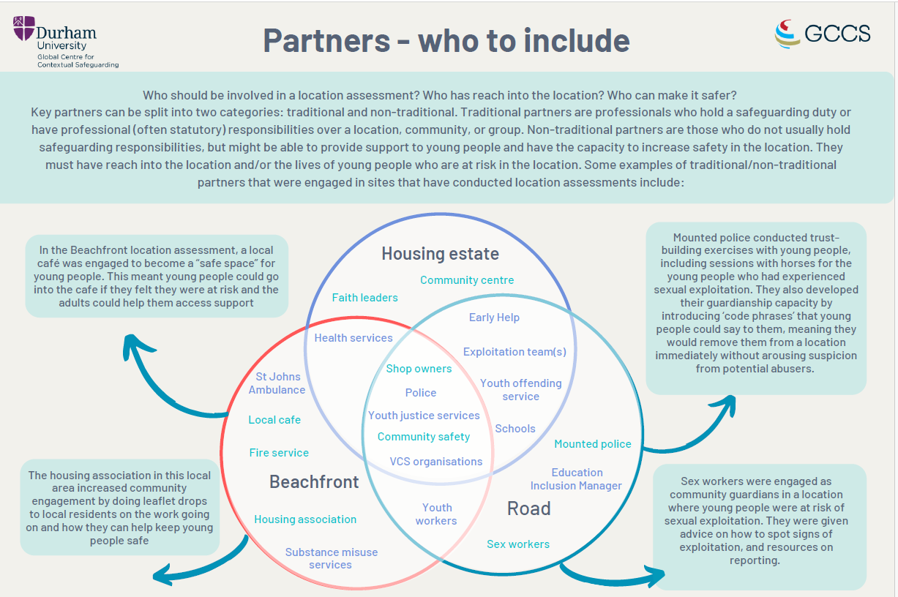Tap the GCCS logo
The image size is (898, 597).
point(823,34)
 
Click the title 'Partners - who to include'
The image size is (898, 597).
point(446,40)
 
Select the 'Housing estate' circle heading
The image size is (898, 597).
point(440,254)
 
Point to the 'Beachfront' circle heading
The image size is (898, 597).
point(314,481)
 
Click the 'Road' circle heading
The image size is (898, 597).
point(528,508)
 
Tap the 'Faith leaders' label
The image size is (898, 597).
point(364,298)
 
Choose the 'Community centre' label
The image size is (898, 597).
point(467,280)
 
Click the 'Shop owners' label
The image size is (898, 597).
point(419,369)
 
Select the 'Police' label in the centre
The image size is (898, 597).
point(421,393)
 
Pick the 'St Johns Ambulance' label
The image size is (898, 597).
point(277,383)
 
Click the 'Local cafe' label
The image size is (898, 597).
point(274,420)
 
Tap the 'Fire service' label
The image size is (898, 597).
point(279,453)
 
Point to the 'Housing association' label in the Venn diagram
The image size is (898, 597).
point(305,519)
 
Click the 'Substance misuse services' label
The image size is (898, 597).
point(332,558)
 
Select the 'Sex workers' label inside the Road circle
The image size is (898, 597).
point(518,544)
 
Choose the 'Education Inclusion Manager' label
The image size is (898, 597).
point(577,479)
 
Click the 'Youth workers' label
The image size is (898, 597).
point(436,514)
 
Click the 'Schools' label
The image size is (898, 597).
point(515,429)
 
